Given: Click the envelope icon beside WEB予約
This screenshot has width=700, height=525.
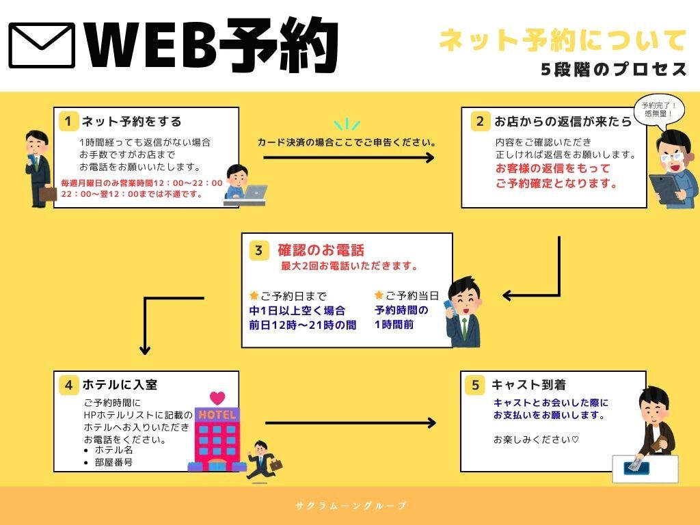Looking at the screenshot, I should [x=42, y=46].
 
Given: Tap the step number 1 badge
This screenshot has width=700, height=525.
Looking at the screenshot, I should [x=68, y=122].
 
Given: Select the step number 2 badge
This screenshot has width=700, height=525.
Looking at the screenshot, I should [x=480, y=122].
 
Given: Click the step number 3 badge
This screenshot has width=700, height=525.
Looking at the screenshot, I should [x=258, y=250].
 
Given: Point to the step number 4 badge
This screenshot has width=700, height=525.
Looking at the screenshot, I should [x=68, y=385].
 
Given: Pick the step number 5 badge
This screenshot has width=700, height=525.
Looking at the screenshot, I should [x=476, y=385].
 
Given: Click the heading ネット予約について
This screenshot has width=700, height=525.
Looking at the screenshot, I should [x=562, y=40].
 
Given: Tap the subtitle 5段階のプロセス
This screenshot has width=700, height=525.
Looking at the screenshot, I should [x=613, y=69].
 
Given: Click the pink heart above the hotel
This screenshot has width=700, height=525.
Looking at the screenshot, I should [x=217, y=398].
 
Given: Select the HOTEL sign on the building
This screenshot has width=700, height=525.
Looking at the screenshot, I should [x=217, y=415].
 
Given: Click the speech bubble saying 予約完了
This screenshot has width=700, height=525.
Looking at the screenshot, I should [x=658, y=109].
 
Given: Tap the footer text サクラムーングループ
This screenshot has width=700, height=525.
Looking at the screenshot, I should [x=351, y=506].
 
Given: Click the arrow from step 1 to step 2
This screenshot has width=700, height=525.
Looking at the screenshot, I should [x=349, y=158].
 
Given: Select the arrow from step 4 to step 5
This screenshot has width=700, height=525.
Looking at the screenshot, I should [x=350, y=422].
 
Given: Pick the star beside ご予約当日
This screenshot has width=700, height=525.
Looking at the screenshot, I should [x=379, y=295].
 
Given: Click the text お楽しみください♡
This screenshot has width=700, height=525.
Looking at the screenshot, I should [x=536, y=439].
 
